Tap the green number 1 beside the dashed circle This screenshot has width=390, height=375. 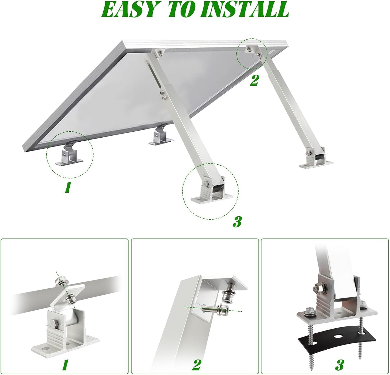pos(67,187)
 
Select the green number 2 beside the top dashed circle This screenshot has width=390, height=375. pos(254,80)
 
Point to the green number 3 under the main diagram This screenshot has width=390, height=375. pos(237,222)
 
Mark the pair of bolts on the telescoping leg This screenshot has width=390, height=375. pos(163,95)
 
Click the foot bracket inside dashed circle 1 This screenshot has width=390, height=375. pos(69,155)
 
